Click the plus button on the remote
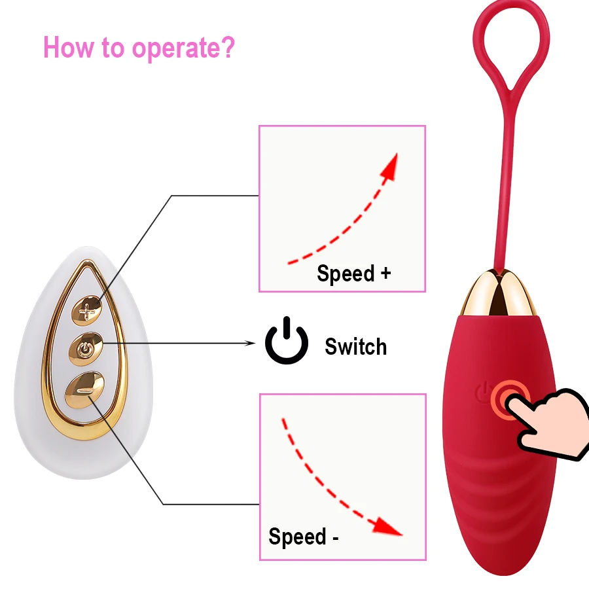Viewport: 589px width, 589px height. (87, 308)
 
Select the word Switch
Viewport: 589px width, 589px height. (355, 346)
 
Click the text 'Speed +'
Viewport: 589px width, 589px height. (353, 273)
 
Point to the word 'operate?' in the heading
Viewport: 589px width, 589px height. (183, 48)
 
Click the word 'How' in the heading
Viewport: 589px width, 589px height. (65, 48)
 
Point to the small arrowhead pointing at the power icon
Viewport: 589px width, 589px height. (251, 343)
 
